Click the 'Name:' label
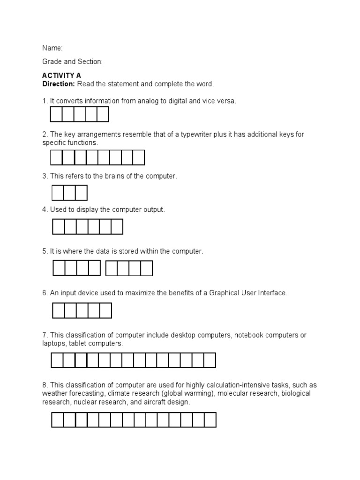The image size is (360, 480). click(52, 48)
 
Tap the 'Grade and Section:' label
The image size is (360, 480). click(72, 62)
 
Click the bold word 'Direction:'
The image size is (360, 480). click(59, 83)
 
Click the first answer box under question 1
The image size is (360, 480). click(56, 114)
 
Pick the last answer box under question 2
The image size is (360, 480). click(139, 157)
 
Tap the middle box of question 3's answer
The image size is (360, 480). click(69, 193)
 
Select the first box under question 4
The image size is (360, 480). click(58, 227)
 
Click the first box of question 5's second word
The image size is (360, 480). click(112, 268)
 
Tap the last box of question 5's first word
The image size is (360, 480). click(94, 268)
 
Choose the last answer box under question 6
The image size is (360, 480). click(106, 310)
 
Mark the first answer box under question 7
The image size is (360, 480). click(57, 360)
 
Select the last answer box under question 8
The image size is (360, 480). click(210, 420)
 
